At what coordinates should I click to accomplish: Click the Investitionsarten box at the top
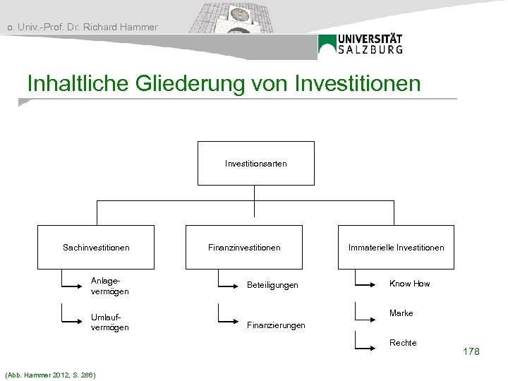[255, 163]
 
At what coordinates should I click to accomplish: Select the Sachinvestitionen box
[96, 247]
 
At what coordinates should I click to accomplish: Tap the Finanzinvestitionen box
[244, 247]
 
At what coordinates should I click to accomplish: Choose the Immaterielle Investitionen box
[396, 247]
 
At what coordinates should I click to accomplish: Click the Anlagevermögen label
[109, 286]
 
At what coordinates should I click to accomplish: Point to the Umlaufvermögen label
[109, 322]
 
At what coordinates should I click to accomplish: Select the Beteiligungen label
[272, 285]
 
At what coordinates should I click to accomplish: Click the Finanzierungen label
[275, 325]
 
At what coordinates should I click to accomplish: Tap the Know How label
[409, 284]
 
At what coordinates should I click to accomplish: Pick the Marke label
[401, 313]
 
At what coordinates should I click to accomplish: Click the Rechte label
[403, 343]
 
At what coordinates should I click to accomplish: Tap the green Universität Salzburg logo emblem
[327, 44]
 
